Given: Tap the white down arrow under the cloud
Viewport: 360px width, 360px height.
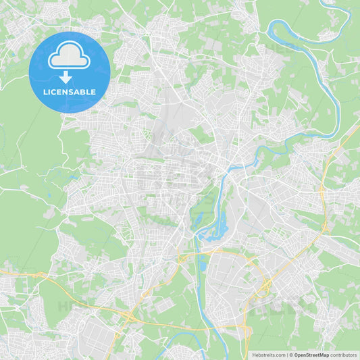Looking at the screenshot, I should pyautogui.click(x=66, y=78).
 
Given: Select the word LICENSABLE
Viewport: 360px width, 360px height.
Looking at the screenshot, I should pyautogui.click(x=69, y=92).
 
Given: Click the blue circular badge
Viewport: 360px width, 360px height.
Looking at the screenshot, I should pyautogui.click(x=69, y=72).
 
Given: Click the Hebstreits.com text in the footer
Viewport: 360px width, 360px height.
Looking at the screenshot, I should pyautogui.click(x=268, y=355).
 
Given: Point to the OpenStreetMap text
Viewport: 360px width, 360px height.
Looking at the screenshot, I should pyautogui.click(x=311, y=355).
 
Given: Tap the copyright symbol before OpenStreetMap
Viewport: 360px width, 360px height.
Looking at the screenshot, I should pyautogui.click(x=291, y=355).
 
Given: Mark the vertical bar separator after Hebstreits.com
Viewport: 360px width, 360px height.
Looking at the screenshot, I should pyautogui.click(x=286, y=355).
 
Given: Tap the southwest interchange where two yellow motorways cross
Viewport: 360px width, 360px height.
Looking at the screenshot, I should pyautogui.click(x=126, y=315).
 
